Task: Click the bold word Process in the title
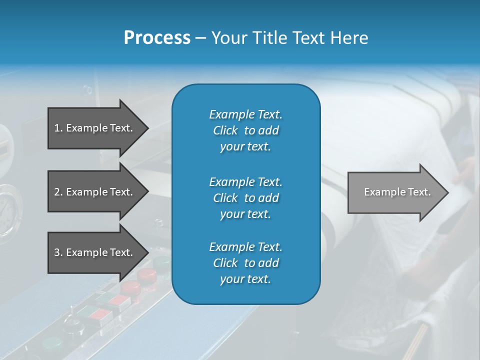point(157,38)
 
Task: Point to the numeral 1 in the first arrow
point(57,128)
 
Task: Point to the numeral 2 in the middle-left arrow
point(57,192)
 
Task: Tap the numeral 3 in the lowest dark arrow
point(57,252)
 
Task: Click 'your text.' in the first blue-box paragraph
point(245,147)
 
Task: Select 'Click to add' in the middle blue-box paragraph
point(245,198)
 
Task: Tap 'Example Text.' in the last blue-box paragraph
point(245,247)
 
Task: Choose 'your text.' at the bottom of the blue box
point(245,279)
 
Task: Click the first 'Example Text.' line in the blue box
point(245,114)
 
